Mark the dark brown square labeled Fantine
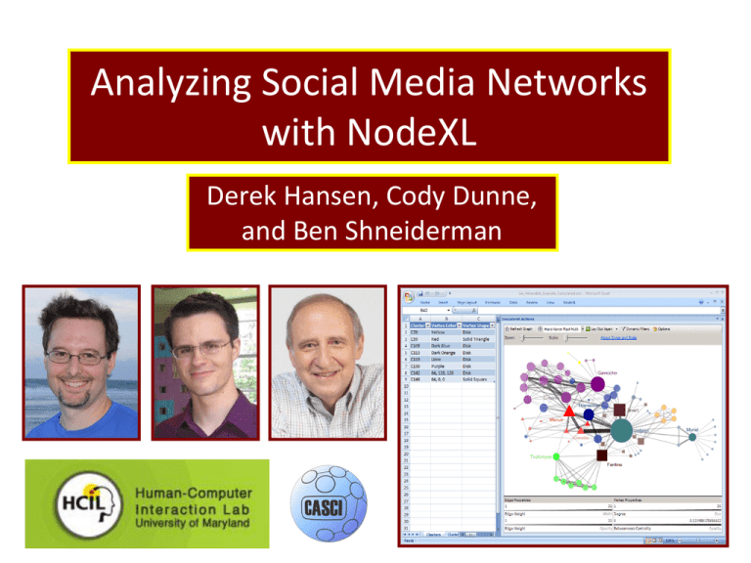point(618,453)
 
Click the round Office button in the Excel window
point(407,292)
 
